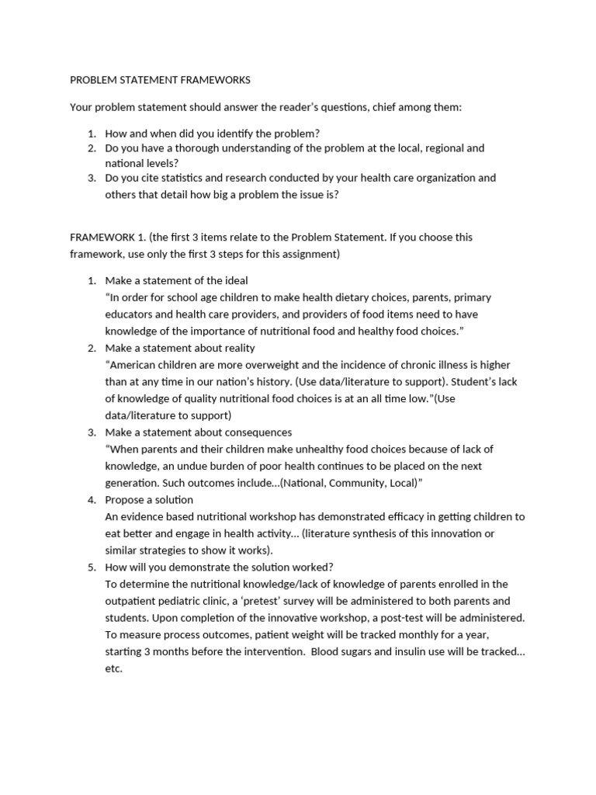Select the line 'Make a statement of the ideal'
coord(177,280)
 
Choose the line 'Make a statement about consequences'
coord(198,432)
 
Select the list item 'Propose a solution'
coord(149,499)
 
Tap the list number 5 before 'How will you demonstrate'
coord(90,567)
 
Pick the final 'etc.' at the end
coord(114,668)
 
